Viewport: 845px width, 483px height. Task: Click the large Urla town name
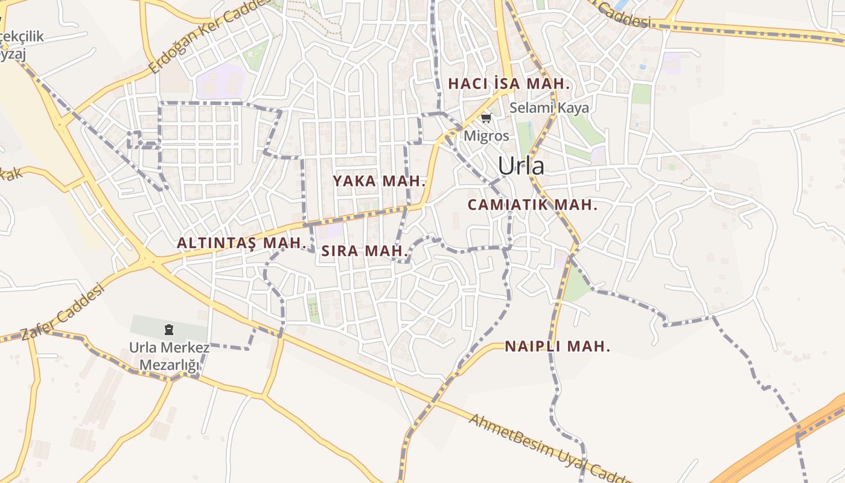[520, 166]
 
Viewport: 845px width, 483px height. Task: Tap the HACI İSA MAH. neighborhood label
[509, 84]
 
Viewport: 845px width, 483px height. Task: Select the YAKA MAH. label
[380, 181]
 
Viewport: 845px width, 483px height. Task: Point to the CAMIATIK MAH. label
[532, 205]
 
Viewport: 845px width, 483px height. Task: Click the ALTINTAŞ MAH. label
[240, 243]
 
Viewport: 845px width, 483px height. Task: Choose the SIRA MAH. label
[365, 251]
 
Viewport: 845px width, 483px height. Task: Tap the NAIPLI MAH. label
[557, 347]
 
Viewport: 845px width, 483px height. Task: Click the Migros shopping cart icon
[486, 118]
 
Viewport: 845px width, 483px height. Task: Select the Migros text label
[486, 136]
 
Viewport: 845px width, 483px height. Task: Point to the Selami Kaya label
[549, 108]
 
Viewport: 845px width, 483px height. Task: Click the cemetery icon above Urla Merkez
[168, 330]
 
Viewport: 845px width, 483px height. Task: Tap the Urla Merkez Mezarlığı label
[169, 356]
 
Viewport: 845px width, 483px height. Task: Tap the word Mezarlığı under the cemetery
[169, 365]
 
